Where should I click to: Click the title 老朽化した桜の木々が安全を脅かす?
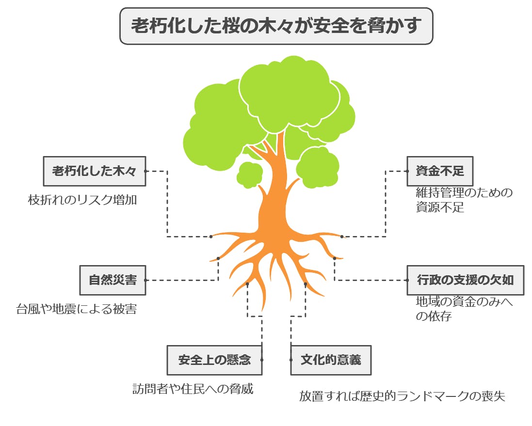pyautogui.click(x=276, y=26)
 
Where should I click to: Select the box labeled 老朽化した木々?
pyautogui.click(x=94, y=171)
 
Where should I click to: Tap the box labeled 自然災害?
pyautogui.click(x=113, y=280)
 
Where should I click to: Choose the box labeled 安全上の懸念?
pyautogui.click(x=214, y=360)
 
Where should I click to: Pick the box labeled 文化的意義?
pyautogui.click(x=331, y=360)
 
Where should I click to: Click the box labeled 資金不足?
pyautogui.click(x=439, y=171)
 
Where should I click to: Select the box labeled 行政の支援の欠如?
pyautogui.click(x=465, y=280)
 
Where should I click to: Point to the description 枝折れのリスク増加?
pyautogui.click(x=82, y=200)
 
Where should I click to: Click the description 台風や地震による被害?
pyautogui.click(x=76, y=309)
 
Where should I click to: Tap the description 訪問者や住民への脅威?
pyautogui.click(x=193, y=389)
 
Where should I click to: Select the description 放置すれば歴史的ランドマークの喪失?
pyautogui.click(x=402, y=396)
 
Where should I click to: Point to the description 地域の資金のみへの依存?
pyautogui.click(x=464, y=309)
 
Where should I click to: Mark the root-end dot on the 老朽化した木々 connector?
pyautogui.click(x=211, y=237)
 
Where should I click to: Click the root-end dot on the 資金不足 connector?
pyautogui.click(x=342, y=237)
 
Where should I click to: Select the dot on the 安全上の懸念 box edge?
pyautogui.click(x=262, y=360)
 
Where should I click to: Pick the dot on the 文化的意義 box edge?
pyautogui.click(x=291, y=360)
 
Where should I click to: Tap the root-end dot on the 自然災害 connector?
pyautogui.click(x=219, y=258)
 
